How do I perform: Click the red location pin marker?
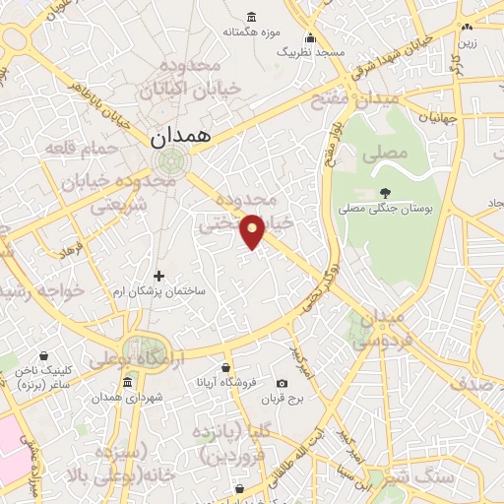254,230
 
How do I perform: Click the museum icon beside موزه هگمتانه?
251,17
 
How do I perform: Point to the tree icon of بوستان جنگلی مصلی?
384,192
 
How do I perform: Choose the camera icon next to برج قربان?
283,383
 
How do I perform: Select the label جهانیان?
437,117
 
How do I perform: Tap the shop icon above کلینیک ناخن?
41,355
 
